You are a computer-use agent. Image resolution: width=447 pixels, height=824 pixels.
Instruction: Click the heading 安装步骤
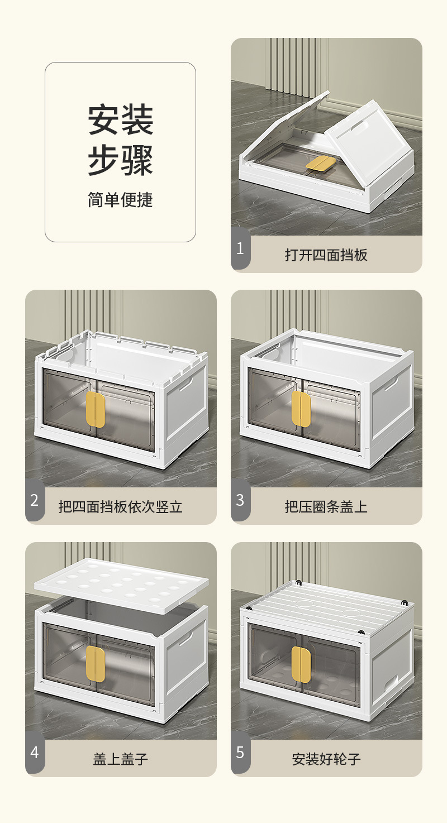[120, 140]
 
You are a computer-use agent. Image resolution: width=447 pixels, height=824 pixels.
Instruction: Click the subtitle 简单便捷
[120, 200]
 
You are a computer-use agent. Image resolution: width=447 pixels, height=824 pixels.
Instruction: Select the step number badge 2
[35, 500]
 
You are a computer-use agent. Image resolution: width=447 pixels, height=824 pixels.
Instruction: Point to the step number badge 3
[240, 500]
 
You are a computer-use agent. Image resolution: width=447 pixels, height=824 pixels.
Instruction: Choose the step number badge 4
[35, 753]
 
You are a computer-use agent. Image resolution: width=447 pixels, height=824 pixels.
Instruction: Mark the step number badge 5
[240, 753]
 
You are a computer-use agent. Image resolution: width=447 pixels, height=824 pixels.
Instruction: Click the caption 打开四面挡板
[326, 255]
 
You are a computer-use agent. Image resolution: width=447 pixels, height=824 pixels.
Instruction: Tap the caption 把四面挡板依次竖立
[121, 507]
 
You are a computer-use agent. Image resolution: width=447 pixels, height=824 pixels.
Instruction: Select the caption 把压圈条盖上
[326, 507]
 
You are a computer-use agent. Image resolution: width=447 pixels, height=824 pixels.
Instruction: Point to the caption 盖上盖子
[121, 759]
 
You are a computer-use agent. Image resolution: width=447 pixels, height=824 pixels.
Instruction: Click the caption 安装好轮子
[326, 759]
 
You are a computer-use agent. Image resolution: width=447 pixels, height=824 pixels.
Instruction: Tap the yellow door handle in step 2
[96, 409]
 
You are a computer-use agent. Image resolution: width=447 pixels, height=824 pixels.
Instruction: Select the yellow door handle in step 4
[96, 663]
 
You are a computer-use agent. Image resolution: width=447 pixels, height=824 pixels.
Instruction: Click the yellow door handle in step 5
[301, 665]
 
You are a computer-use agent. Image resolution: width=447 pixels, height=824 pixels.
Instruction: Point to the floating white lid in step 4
[121, 584]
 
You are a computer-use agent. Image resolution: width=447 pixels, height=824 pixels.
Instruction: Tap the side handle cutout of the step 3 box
[396, 383]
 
